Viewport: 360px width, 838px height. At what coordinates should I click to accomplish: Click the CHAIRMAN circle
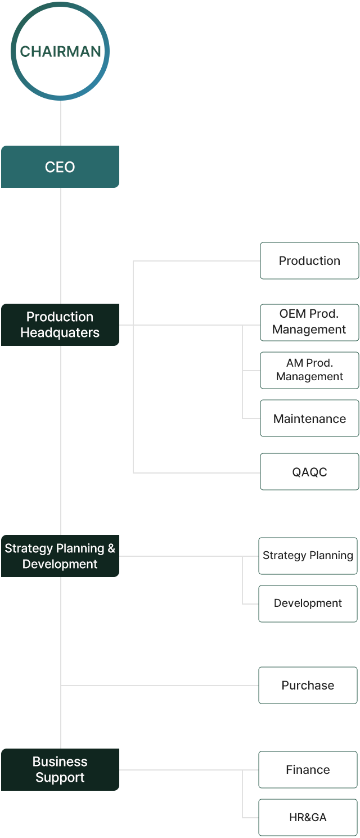60,51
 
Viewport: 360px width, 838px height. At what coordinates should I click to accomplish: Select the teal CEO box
60,167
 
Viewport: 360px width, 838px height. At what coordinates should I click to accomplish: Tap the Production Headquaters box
60,325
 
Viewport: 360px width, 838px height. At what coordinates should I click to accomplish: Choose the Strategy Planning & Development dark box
60,556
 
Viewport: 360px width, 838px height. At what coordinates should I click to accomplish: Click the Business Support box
60,769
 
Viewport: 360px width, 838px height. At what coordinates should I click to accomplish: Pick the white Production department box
309,260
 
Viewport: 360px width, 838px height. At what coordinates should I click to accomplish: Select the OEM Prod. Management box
309,322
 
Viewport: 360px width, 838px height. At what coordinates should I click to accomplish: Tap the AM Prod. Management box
309,370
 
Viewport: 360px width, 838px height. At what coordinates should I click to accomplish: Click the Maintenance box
309,418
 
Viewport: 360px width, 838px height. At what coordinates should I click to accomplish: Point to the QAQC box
309,472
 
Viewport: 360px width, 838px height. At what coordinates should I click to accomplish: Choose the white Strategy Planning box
308,556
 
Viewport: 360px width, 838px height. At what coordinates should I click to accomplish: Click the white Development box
308,603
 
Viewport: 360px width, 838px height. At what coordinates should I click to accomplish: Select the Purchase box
308,685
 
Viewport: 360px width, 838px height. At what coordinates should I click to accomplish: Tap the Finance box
308,769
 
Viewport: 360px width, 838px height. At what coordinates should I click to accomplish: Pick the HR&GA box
308,817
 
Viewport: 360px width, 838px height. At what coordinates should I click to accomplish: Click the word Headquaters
60,332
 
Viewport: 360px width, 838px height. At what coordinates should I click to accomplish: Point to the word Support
60,777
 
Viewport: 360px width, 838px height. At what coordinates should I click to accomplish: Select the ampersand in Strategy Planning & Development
111,548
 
